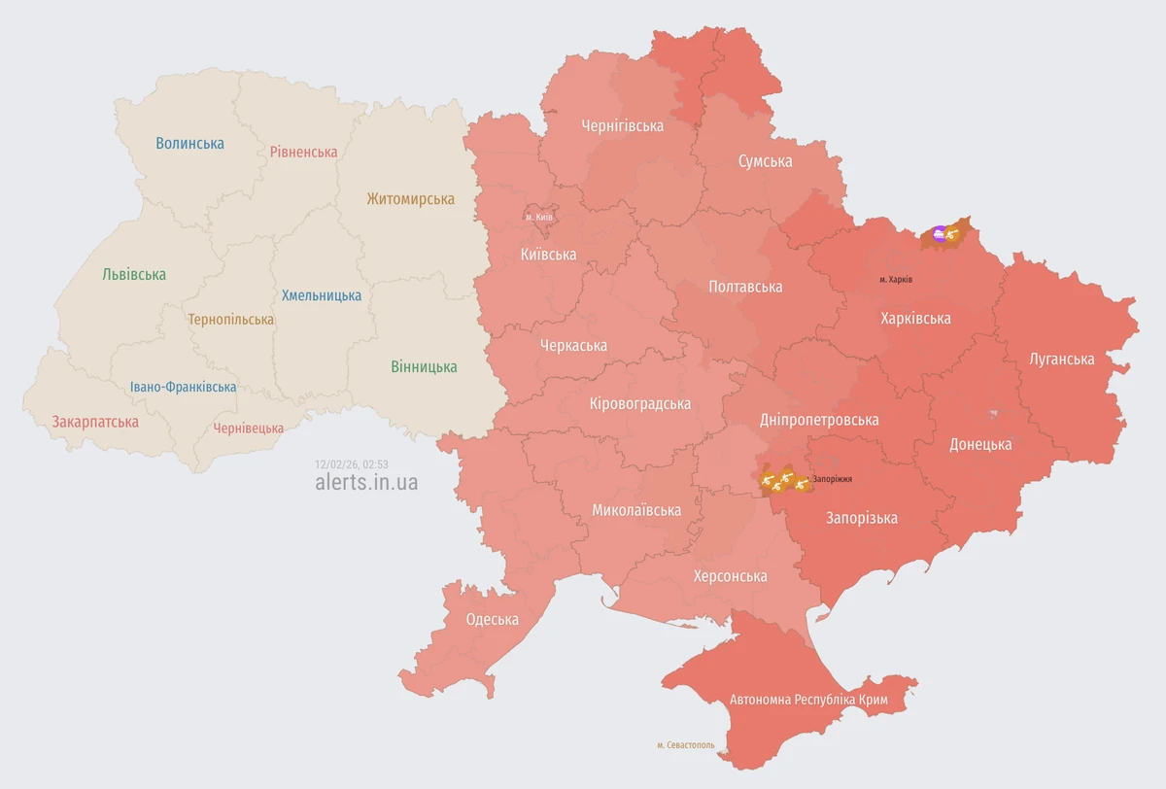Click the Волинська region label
click(189, 144)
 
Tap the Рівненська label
click(303, 153)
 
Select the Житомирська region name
click(410, 199)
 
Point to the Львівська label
click(134, 275)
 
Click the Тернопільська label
click(231, 319)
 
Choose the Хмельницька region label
click(321, 295)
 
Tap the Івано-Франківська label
click(183, 387)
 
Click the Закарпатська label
click(95, 422)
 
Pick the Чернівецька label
click(249, 429)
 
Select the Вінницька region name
click(424, 367)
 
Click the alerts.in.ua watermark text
click(366, 483)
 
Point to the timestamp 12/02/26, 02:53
click(351, 464)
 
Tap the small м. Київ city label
click(538, 217)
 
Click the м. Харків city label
click(895, 280)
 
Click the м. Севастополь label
click(685, 745)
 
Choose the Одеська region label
click(492, 620)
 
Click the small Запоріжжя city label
click(833, 479)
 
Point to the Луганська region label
click(1061, 360)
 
